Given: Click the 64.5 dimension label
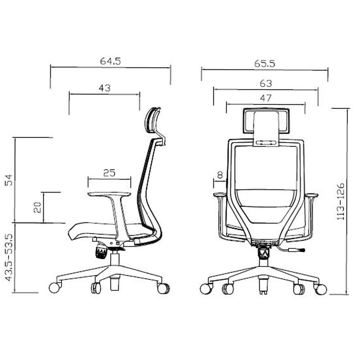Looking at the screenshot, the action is coord(110,61).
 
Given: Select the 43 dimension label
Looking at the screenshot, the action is coord(104,88).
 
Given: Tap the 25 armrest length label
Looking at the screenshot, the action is coord(109,173).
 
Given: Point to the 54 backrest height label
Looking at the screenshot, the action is coord(9,180).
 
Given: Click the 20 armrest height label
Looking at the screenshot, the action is coord(37,207).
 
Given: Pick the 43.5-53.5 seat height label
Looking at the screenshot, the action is coord(9,257).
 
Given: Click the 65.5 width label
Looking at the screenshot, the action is coord(265,63).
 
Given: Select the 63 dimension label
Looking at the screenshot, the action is coord(266,83).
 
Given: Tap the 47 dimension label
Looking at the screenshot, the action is coord(265,98).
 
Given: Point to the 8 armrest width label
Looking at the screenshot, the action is coord(220,175).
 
